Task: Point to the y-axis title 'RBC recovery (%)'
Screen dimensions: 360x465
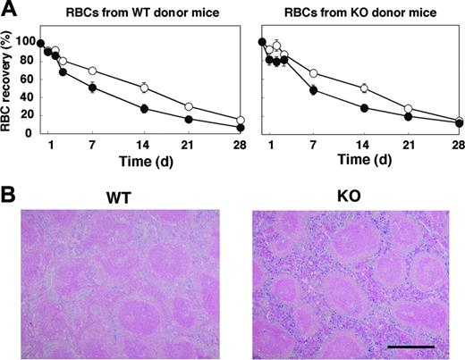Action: coord(10,87)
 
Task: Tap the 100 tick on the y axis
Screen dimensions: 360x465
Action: coord(24,43)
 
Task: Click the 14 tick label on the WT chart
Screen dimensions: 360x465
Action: coord(143,146)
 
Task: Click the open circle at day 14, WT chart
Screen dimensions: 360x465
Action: coord(143,88)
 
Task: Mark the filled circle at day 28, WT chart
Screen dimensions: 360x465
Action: coord(239,128)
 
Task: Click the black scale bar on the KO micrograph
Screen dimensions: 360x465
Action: coord(412,345)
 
